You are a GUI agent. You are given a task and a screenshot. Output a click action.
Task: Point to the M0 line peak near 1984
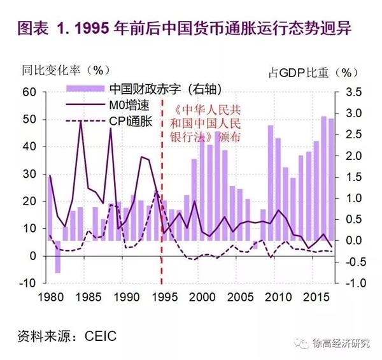pos(80,121)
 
